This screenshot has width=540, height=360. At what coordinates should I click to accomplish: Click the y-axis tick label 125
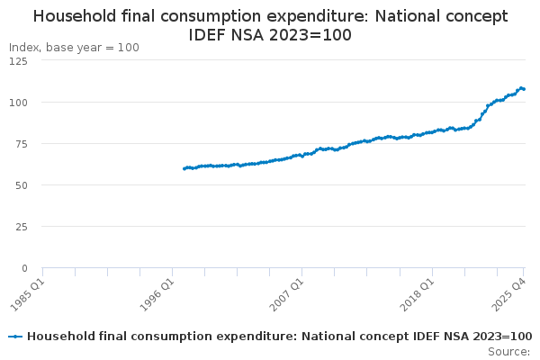[x=17, y=61]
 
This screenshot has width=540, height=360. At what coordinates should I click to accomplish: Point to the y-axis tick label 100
[x=17, y=103]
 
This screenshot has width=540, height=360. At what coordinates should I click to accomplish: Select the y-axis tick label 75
[x=20, y=144]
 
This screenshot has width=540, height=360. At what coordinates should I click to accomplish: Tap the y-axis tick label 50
[x=20, y=185]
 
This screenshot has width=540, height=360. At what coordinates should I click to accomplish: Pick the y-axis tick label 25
[x=20, y=227]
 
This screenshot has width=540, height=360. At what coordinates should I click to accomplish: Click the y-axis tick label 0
[x=24, y=268]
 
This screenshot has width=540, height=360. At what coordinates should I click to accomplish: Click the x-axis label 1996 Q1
[x=160, y=292]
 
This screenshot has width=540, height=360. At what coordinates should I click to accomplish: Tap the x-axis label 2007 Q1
[x=290, y=292]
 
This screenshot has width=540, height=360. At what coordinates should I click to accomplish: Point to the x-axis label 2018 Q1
[x=420, y=292]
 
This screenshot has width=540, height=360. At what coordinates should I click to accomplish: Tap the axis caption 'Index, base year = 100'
[x=74, y=47]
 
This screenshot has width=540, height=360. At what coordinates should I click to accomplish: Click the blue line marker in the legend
[x=15, y=337]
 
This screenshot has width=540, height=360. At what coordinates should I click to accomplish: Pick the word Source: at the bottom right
[x=509, y=351]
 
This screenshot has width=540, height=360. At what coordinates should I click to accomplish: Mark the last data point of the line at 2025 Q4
[x=524, y=89]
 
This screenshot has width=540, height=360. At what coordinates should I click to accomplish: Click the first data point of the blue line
[x=184, y=168]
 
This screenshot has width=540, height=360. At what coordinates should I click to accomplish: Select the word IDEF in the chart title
[x=209, y=35]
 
